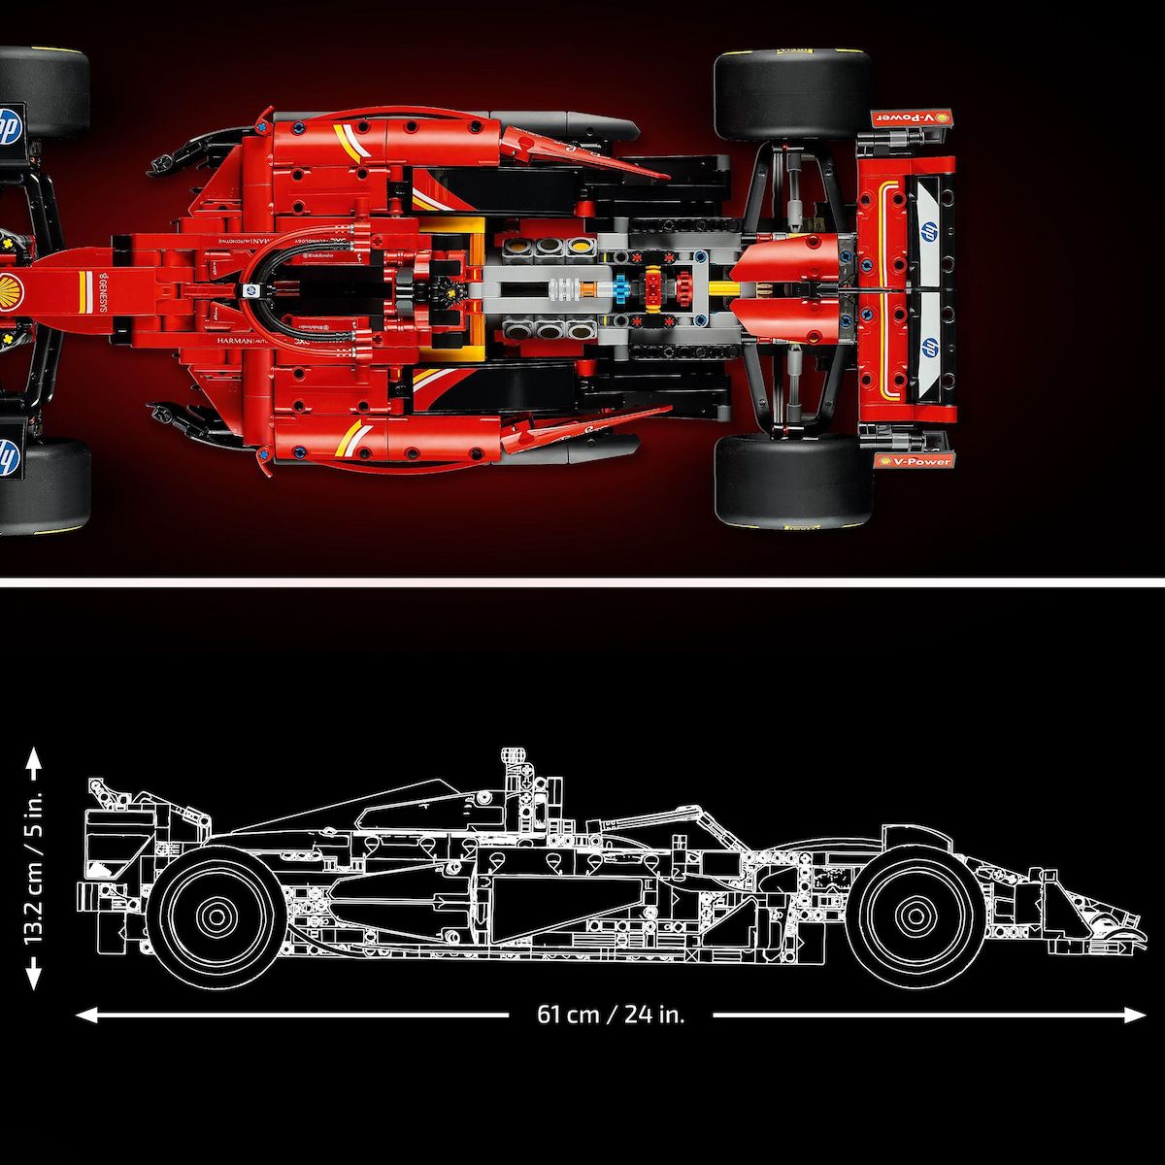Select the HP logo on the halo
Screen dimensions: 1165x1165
250,290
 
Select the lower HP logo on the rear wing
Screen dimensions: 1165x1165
927,348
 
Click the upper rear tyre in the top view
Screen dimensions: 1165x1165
792,95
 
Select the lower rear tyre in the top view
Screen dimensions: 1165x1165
792,482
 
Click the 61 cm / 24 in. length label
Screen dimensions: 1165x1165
611,1015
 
